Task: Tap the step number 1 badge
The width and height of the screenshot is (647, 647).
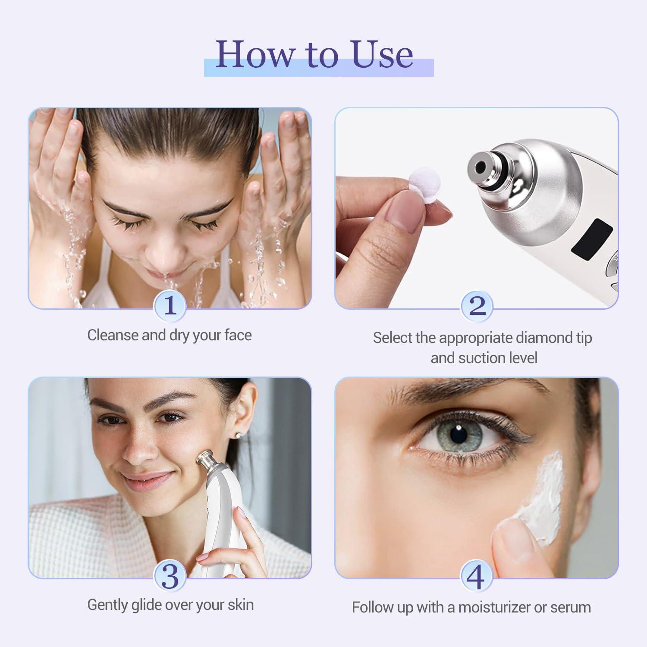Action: coord(170,306)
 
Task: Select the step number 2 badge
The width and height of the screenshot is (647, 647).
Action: coord(477,306)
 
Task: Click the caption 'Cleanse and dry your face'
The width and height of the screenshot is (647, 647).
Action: coord(170,335)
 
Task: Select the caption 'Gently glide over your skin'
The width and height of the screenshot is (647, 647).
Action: coord(170,605)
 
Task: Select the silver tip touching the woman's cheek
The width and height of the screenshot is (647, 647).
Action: coord(205,459)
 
